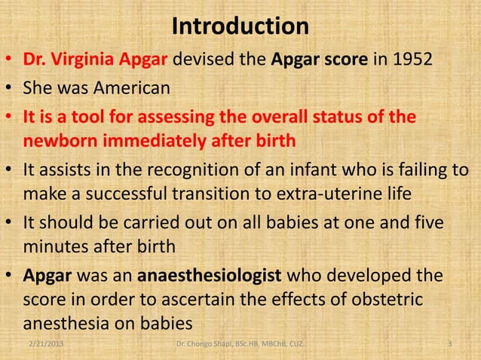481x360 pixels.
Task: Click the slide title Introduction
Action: click(240, 26)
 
